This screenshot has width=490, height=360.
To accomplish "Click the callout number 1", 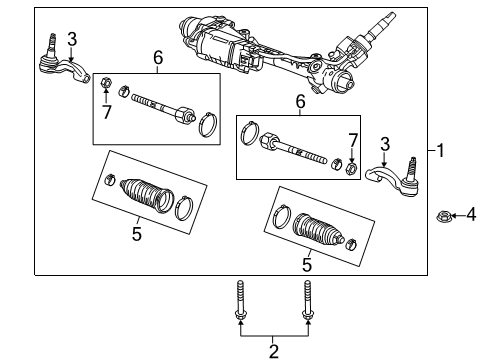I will pyautogui.click(x=441, y=150).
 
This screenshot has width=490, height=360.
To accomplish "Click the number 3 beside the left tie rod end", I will pyautogui.click(x=71, y=38).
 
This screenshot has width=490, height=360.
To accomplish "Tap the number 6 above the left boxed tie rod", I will pyautogui.click(x=158, y=60).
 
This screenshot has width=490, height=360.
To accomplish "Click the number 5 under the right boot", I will pyautogui.click(x=306, y=264).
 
